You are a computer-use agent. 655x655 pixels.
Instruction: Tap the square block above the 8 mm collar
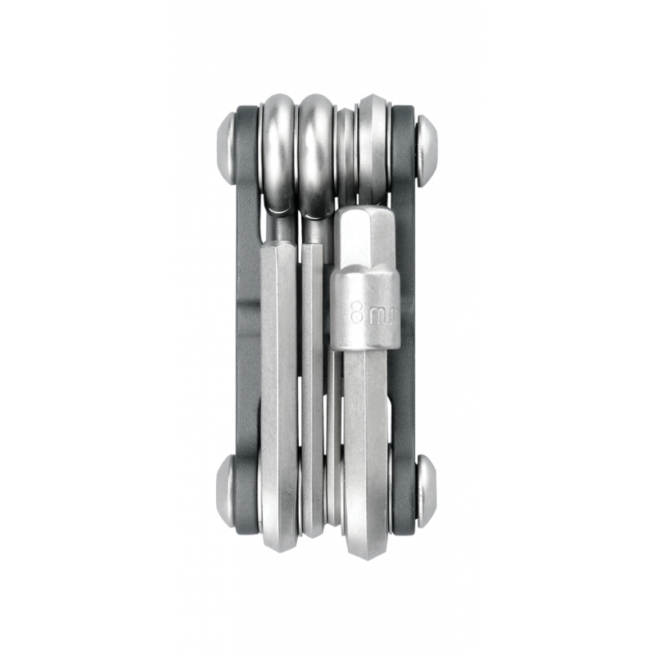366,237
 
